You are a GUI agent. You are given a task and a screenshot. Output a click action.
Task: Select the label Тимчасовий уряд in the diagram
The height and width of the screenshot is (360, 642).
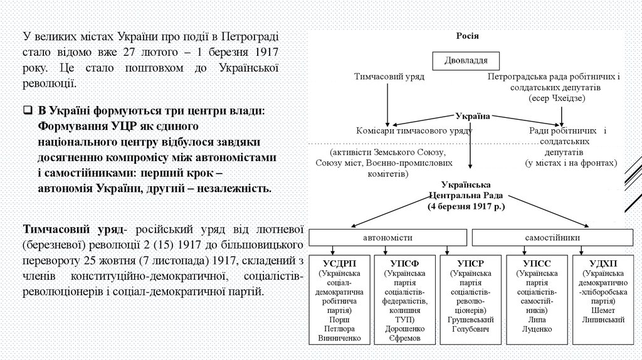tap(389, 77)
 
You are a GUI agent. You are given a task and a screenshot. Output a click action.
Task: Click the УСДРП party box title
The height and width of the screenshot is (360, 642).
tap(339, 262)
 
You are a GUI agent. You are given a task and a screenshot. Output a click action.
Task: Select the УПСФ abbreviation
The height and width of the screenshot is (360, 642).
tap(404, 262)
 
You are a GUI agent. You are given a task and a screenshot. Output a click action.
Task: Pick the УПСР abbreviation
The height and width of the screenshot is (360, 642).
tap(468, 262)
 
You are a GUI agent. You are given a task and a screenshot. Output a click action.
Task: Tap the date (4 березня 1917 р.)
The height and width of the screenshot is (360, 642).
tap(466, 205)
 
